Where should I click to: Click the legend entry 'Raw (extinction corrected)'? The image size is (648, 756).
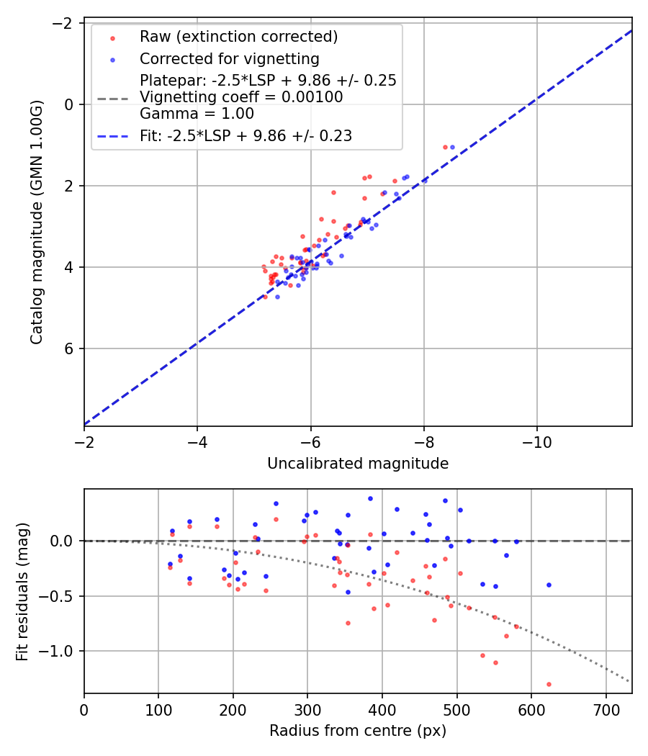[238, 37]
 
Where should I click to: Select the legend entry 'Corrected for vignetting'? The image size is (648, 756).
[229, 58]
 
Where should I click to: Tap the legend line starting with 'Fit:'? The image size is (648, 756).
[246, 135]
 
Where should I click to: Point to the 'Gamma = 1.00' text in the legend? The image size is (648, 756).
[197, 113]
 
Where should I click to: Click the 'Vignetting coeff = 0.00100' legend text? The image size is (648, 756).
[241, 97]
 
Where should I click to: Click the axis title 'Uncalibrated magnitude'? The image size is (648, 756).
[358, 464]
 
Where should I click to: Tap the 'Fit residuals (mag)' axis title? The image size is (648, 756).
[22, 592]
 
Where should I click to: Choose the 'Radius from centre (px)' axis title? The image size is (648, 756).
[358, 731]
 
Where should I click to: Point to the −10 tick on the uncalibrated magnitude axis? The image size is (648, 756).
[536, 441]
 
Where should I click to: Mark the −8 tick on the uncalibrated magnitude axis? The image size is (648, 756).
[423, 441]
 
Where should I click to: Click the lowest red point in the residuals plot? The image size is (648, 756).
[549, 684]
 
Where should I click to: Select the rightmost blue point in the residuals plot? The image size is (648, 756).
[549, 585]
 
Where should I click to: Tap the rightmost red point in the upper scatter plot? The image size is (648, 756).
[445, 147]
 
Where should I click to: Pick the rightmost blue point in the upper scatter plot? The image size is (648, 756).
[452, 147]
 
